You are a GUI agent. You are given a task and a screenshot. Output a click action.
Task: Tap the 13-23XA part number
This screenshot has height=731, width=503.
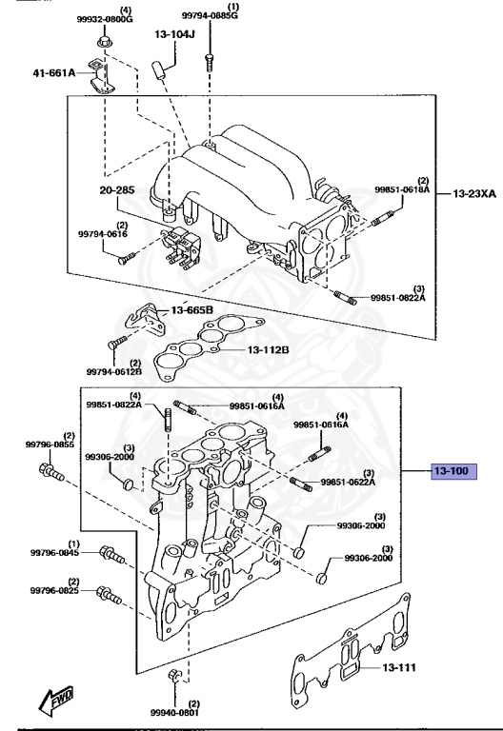[474, 193]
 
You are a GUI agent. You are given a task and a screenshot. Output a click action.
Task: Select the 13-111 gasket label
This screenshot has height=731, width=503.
[398, 667]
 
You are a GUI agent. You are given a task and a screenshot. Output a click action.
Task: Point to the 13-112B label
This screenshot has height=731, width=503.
[268, 349]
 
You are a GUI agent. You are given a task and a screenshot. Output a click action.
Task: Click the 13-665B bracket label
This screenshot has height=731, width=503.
[191, 310]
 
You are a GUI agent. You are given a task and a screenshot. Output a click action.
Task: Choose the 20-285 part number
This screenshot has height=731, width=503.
[116, 190]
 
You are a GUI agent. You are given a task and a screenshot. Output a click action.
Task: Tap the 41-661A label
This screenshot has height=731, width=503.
[54, 72]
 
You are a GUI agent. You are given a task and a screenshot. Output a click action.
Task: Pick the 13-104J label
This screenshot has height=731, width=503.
[174, 34]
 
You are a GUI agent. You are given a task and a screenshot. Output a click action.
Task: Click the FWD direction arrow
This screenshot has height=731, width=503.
[56, 701]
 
